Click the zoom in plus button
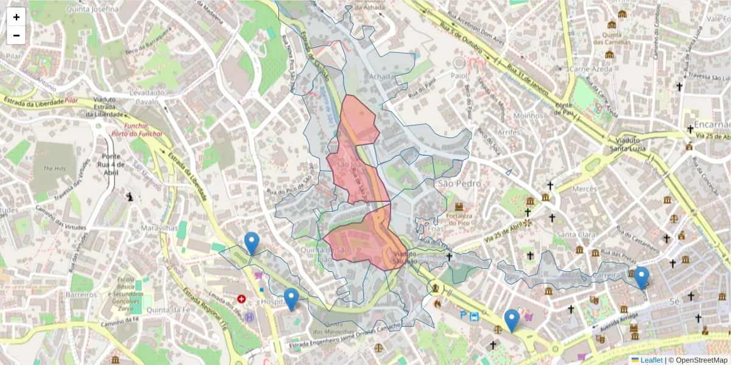pos(16,17)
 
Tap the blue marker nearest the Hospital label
pos(291,299)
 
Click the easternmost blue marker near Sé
pos(641,277)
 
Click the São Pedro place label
pos(459,183)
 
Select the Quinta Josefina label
pos(93,9)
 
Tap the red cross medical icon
pos(242,299)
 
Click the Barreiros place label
pos(80,294)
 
